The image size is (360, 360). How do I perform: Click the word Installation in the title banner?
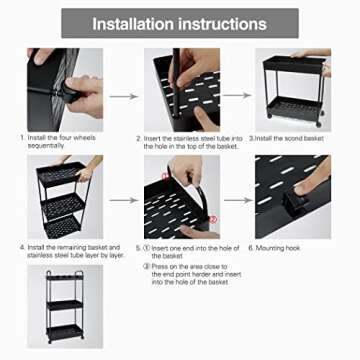(x=135, y=24)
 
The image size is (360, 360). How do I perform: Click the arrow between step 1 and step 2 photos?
(x=123, y=97)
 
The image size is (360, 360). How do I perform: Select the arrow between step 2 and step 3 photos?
(x=235, y=97)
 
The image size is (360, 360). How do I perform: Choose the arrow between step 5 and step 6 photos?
(x=235, y=204)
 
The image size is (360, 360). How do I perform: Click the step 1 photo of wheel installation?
(x=66, y=90)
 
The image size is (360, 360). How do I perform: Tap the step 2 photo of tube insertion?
(x=180, y=90)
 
